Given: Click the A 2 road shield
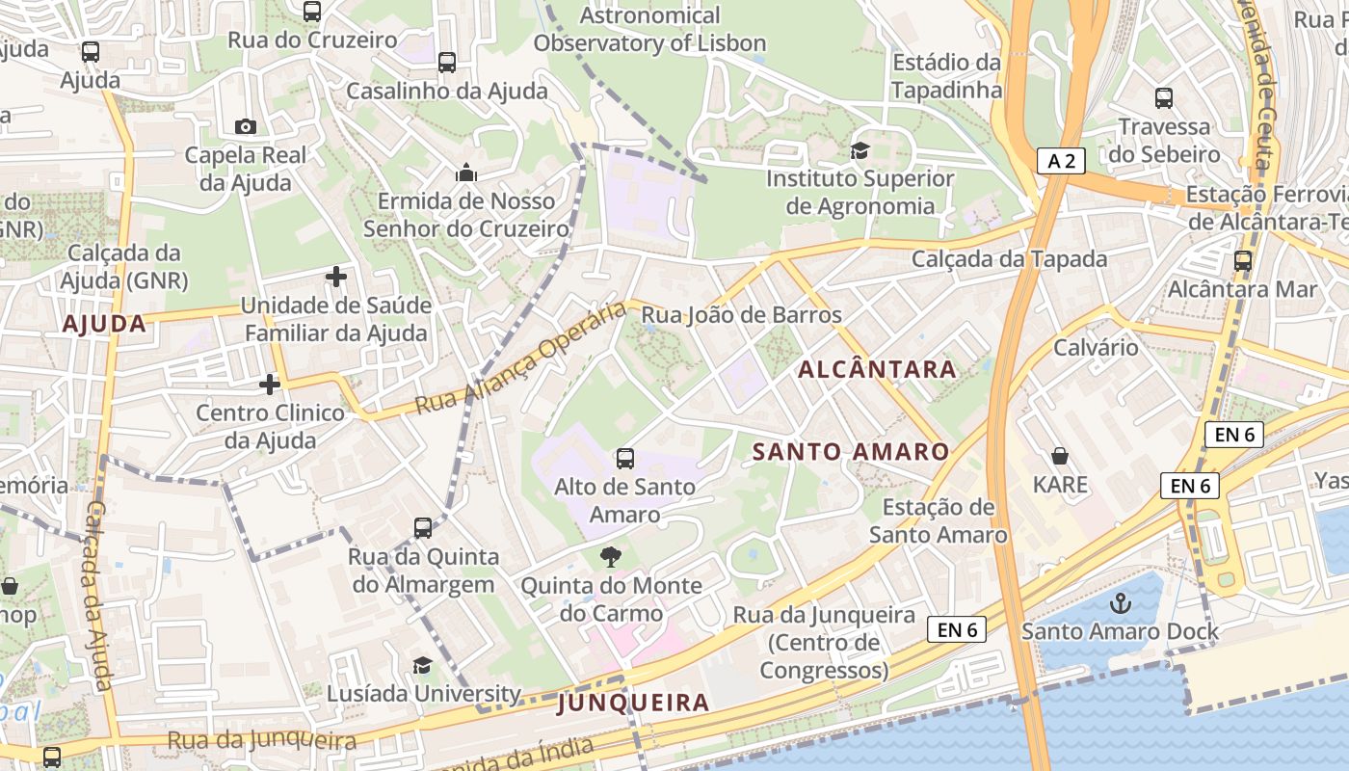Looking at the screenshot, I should pos(1061,161).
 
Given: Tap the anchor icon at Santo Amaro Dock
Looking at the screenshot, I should pos(1120,604).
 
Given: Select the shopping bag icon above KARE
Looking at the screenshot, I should pos(1060,455).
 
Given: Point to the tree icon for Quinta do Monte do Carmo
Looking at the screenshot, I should pos(610,556).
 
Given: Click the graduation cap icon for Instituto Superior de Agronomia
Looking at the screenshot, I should pos(859,150).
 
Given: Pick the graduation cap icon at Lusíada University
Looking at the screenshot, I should pos(422,665).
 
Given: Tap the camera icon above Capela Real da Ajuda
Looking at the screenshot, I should pos(245,126).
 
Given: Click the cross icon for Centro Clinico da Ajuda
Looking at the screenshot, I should pos(270,385).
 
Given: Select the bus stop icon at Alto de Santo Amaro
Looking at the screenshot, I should pos(624,458).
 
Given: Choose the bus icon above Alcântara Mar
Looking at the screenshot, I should pos(1242,260).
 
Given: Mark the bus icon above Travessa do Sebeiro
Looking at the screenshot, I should pos(1164,97).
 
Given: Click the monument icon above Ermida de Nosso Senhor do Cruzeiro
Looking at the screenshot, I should pos(466,173).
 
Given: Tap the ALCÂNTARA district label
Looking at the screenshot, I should pos(877,369).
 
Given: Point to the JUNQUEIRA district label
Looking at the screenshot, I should pos(633,703).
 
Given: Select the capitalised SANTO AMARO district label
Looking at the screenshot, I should pos(850,451).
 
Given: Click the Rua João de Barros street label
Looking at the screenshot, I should pos(741,315).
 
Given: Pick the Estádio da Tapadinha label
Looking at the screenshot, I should pos(946,76).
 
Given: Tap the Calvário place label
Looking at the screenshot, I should pos(1096,347).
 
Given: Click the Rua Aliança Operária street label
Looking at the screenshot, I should pos(521,359).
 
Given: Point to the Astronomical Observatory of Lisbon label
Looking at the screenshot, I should pos(649,29).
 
